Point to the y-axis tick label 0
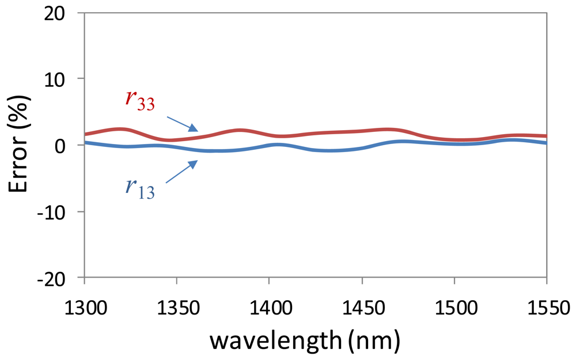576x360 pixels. (68, 145)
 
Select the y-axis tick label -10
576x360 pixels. (58, 211)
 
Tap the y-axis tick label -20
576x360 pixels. (58, 278)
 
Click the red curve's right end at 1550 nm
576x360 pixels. (545, 136)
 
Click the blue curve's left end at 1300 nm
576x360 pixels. (86, 142)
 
